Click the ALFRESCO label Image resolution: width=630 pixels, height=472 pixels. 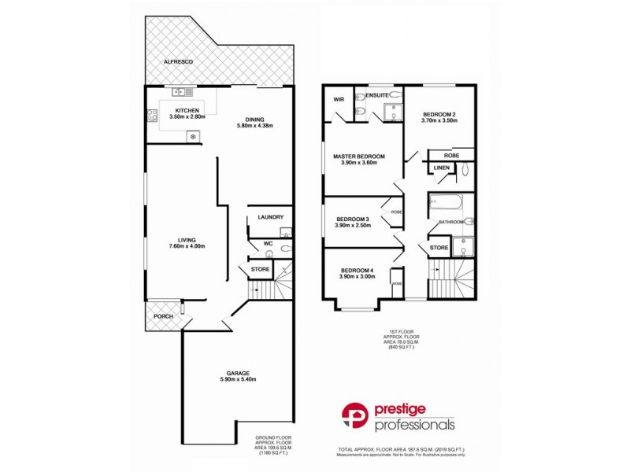click(x=178, y=61)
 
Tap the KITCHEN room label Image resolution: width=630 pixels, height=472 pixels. click(x=187, y=110)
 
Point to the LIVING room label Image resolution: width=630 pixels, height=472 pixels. click(x=187, y=240)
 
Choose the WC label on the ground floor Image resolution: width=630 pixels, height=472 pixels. click(x=269, y=243)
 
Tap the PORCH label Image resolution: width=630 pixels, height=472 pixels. click(x=163, y=317)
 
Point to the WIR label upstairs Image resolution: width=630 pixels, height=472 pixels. click(x=339, y=100)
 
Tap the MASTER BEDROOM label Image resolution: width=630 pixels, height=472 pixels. click(x=358, y=157)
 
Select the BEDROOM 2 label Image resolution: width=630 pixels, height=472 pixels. click(x=439, y=113)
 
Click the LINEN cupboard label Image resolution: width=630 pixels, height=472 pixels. click(x=441, y=168)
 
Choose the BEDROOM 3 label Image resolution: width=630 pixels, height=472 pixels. click(x=353, y=219)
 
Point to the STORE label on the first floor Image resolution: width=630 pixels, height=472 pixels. click(x=439, y=249)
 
